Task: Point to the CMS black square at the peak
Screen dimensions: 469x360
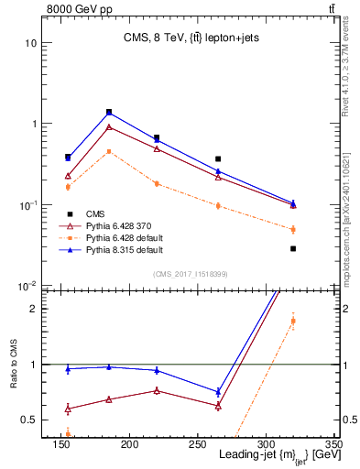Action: (109, 112)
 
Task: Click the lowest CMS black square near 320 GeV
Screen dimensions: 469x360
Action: (293, 248)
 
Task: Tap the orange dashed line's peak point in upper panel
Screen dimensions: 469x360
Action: (109, 151)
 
